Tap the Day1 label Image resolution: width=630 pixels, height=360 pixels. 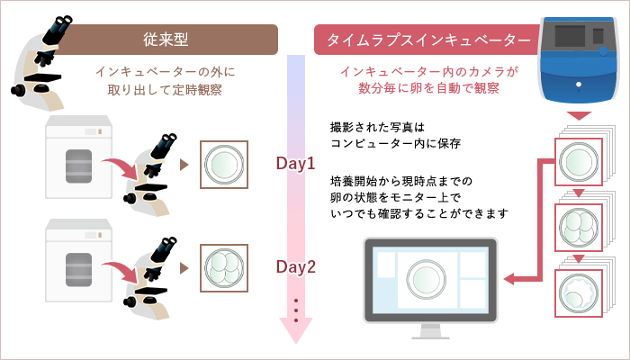(296, 165)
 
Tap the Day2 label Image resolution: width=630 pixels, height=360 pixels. (296, 267)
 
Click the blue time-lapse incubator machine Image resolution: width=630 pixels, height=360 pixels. (580, 59)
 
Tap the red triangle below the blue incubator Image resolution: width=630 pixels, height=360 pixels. (580, 116)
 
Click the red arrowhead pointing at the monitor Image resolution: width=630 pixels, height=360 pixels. (509, 280)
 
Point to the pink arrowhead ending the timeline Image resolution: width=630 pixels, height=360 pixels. (296, 332)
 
